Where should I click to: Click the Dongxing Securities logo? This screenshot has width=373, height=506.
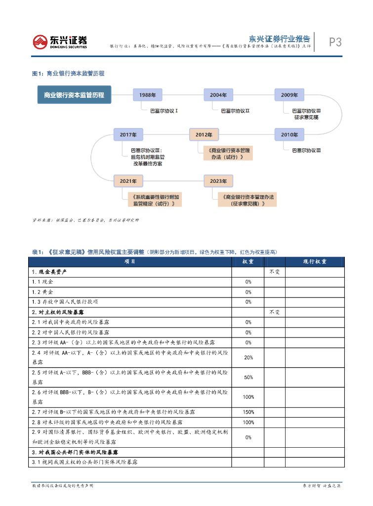60,42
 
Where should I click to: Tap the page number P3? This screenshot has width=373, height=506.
335,42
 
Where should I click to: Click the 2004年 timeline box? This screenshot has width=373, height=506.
218,94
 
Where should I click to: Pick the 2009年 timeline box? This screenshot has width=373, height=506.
289,94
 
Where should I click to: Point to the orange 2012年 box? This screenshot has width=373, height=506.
203,134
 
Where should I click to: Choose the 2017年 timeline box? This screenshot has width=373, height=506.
127,134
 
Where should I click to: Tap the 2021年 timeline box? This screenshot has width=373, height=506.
127,181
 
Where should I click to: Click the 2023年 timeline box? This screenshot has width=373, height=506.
218,181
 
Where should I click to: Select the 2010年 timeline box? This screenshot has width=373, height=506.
289,134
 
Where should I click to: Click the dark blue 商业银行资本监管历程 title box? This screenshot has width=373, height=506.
74,95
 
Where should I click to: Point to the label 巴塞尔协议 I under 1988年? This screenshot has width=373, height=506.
164,111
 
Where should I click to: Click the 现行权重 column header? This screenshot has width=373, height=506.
314,261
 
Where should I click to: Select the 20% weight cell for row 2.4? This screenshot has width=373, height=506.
248,357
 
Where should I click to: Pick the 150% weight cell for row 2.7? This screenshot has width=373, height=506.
248,412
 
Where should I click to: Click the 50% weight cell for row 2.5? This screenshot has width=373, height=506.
248,378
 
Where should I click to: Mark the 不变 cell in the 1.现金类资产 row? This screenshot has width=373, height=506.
274,272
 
